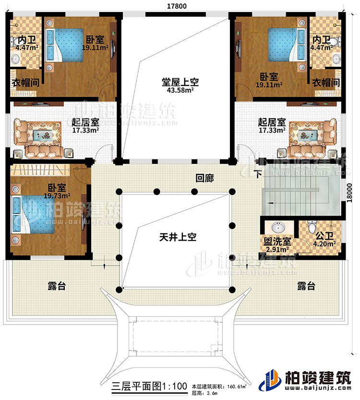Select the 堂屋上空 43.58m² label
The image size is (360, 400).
pos(176,86)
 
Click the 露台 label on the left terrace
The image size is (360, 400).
pos(57,286)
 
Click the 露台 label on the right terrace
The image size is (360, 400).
pos(305,286)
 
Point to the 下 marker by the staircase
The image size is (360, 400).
pos(259,174)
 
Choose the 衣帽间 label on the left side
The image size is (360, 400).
pos(23,83)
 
